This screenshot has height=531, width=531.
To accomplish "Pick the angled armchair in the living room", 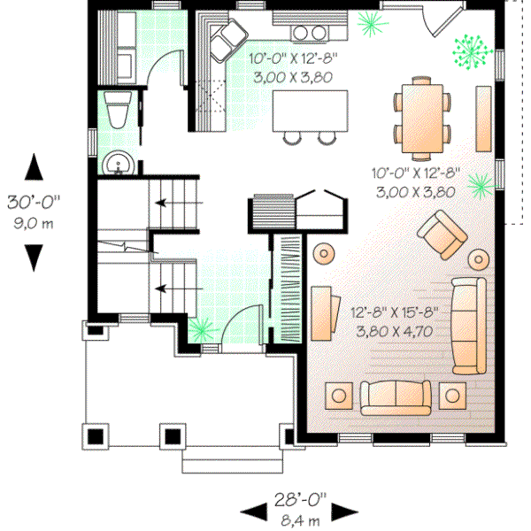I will click(x=442, y=235).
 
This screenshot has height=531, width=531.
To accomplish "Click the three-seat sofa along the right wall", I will click(x=468, y=325).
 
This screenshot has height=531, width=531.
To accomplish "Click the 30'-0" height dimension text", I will click(x=34, y=202).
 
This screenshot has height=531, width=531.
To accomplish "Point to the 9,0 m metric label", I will click(x=34, y=222).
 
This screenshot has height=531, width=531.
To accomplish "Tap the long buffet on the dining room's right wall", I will click(x=484, y=118).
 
